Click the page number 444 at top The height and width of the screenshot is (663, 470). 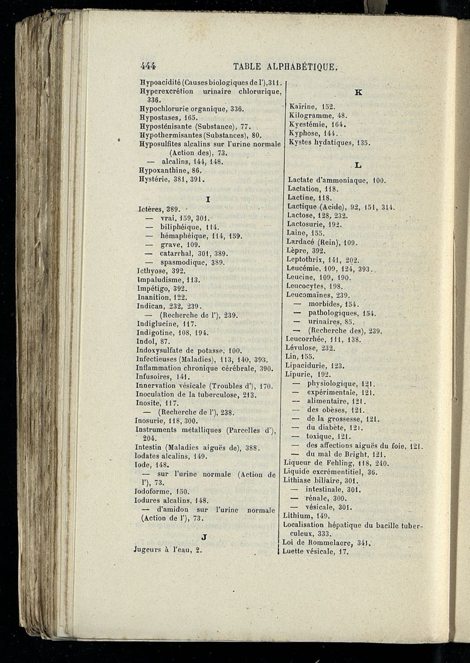click(152, 66)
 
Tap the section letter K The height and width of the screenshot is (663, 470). click(359, 92)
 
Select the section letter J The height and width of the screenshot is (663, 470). click(203, 536)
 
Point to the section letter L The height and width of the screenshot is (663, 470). click(358, 166)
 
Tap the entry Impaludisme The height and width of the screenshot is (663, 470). click(160, 280)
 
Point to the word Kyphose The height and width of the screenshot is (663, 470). click(304, 133)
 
